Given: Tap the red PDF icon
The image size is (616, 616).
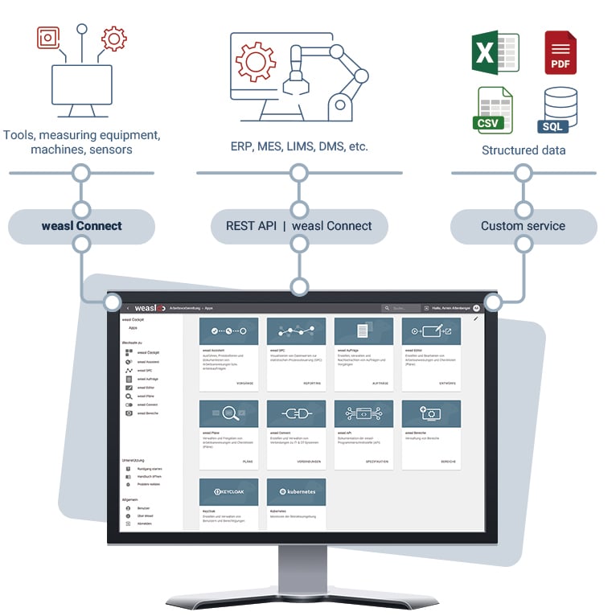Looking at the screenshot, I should coord(561,52).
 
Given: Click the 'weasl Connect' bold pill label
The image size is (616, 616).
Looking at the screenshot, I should coord(81,226).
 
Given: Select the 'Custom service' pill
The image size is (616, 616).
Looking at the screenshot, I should coord(523,226).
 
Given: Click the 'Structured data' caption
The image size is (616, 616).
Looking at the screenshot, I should coord(523,150).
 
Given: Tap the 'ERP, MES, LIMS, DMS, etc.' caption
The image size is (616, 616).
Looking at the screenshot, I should coord(299,147).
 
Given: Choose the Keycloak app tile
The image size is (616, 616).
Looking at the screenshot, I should coord(228,503).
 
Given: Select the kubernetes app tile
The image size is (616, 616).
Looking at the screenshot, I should coord(296,503).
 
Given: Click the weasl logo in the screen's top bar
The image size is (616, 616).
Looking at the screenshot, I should coord(150,308).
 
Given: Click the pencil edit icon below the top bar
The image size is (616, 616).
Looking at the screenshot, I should coord(476,319).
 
